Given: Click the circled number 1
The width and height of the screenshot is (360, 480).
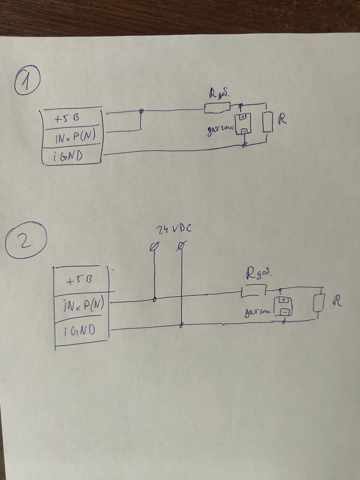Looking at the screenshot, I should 27,80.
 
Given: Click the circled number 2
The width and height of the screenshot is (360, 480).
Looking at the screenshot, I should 26,240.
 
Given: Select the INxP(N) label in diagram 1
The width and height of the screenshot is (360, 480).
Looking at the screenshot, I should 75,136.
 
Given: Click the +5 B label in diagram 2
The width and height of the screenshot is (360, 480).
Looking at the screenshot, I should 79,280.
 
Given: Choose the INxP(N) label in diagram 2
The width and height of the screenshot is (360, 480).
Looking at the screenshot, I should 83,306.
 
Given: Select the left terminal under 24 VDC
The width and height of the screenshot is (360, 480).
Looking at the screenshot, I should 155,246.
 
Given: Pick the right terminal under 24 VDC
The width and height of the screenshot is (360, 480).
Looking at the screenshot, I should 181,245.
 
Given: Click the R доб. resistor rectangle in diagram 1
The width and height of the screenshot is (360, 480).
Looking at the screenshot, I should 217,108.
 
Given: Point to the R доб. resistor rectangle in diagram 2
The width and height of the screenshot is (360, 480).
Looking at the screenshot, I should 254,291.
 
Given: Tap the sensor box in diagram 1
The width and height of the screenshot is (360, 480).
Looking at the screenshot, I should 243,123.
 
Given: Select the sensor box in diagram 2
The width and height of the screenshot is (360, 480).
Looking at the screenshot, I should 283,306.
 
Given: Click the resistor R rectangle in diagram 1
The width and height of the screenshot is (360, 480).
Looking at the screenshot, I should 268,122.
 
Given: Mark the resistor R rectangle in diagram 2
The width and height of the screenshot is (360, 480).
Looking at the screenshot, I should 319,303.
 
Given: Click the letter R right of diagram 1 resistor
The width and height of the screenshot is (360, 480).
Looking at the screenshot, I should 282,119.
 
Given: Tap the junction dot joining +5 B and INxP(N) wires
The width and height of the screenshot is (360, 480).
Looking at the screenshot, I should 141,112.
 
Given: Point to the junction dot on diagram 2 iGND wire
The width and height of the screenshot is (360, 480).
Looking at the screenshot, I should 181,324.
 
